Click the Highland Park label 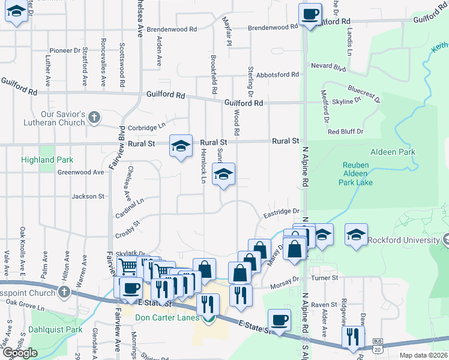47,160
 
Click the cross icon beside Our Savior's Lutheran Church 93,118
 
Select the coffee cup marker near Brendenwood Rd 310,14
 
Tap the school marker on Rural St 181,146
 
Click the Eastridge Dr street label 281,211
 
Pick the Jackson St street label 88,196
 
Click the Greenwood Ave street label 80,172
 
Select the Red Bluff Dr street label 346,131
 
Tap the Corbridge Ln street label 145,127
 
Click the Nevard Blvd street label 329,66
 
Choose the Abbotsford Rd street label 277,75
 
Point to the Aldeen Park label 393,152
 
